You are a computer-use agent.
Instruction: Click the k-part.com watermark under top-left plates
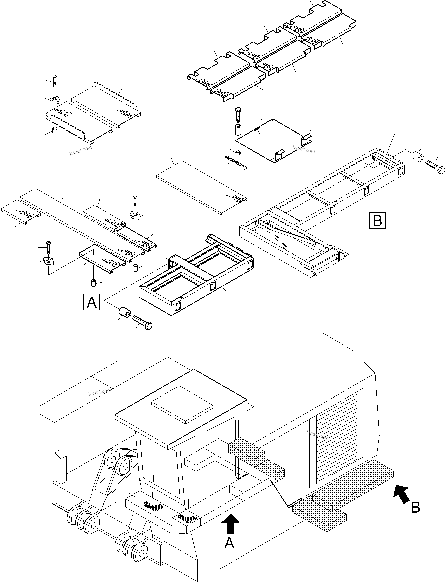tap(81, 150)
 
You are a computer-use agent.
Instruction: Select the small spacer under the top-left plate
tap(55, 130)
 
